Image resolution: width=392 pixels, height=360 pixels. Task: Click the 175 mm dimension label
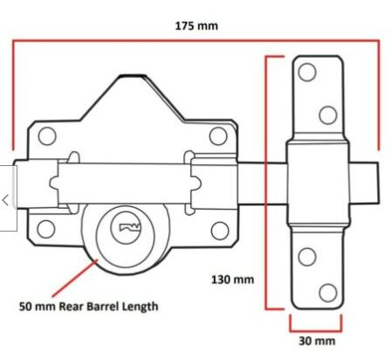pos(196,25)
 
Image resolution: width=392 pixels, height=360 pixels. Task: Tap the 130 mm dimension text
pos(232,280)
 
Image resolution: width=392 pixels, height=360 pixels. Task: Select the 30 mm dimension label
pos(316,340)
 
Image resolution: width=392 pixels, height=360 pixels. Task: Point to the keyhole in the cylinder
pos(129,229)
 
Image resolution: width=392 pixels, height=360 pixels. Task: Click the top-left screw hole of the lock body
pos(46,135)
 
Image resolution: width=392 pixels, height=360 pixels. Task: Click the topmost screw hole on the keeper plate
pos(306,73)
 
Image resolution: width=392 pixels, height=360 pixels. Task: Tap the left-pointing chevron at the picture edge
pos(6,199)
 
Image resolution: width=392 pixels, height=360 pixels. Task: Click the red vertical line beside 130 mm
pos(266,183)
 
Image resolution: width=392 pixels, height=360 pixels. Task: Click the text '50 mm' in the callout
pos(37,307)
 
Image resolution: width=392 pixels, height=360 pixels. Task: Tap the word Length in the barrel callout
pos(141,307)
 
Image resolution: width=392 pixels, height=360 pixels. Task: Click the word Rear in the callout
pos(69,307)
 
